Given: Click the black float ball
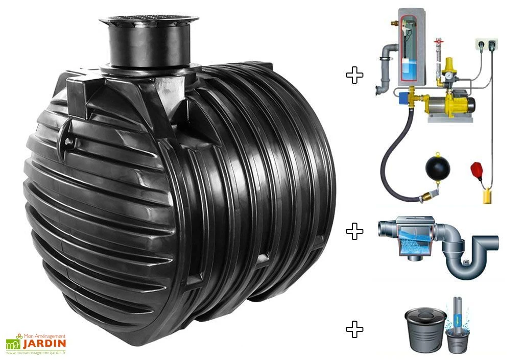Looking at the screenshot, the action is coord(438,169).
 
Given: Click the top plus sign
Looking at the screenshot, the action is coord(354,75).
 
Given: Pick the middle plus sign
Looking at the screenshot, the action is coord(354,231).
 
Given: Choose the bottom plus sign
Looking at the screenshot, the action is coord(354,329).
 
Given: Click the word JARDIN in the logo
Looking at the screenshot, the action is coord(44,344).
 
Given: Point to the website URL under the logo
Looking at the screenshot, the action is coord(36,352).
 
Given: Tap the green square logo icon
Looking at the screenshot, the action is coord(13,344).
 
